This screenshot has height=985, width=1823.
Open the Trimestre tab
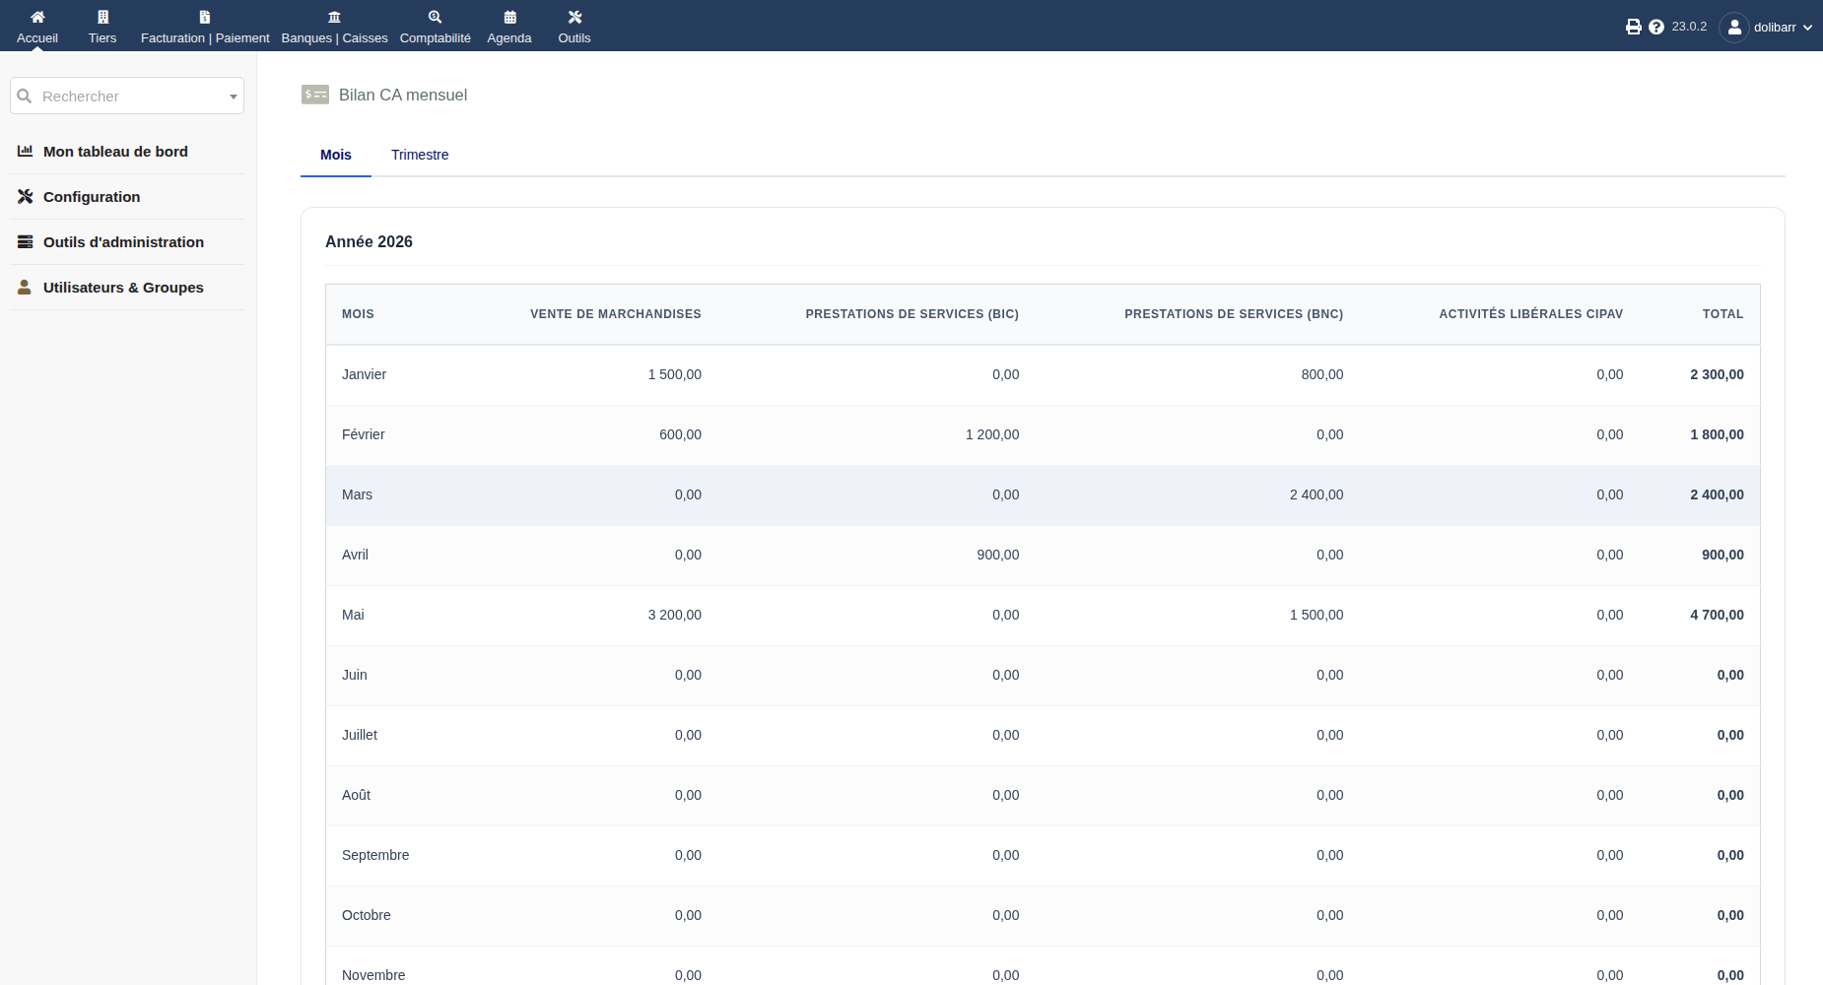point(420,155)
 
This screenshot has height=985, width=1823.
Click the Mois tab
point(336,155)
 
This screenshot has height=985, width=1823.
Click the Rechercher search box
point(127,96)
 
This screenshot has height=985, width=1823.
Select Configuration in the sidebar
point(92,197)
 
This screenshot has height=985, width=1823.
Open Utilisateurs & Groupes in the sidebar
point(123,288)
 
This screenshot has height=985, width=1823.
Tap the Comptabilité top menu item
point(436,28)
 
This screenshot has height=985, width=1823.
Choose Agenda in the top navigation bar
point(509,28)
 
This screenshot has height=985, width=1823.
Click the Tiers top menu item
point(102,28)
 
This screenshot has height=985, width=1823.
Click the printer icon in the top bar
point(1634,27)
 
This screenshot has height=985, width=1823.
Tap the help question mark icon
point(1656,27)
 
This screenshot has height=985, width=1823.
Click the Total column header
point(1723,314)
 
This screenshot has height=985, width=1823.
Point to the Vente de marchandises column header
point(616,314)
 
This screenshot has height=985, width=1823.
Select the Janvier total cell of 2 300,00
point(1718,374)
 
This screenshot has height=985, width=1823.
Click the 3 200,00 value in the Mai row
point(675,615)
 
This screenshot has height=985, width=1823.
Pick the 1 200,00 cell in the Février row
point(992,434)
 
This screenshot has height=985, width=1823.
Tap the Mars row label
point(358,494)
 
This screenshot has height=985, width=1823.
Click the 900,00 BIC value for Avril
point(998,555)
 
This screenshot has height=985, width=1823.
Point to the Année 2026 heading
point(369,241)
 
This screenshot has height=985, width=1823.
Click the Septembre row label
point(375,855)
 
